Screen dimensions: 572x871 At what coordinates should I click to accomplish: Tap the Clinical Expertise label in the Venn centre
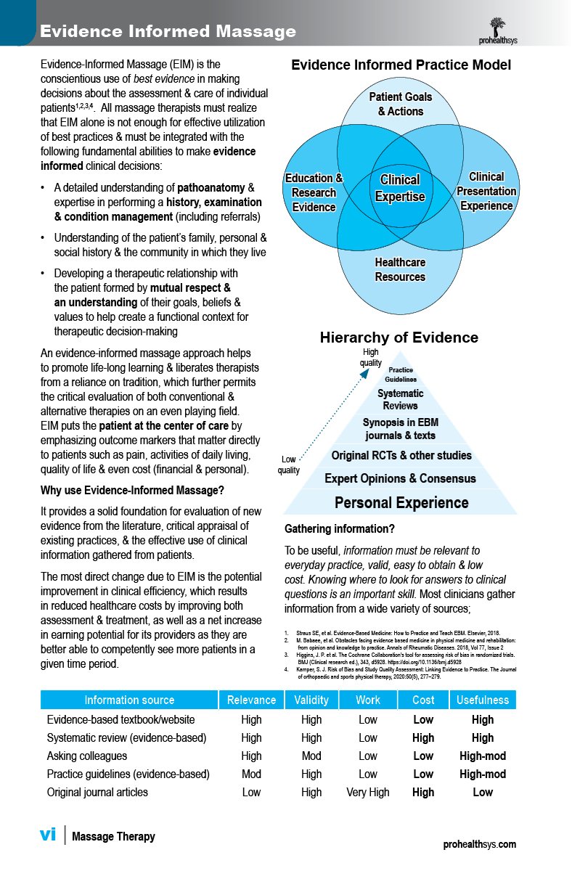(400, 188)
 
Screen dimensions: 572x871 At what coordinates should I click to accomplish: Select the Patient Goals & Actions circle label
(401, 104)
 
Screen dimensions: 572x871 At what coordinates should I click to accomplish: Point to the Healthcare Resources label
(400, 269)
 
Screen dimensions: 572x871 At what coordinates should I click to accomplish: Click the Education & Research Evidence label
(314, 192)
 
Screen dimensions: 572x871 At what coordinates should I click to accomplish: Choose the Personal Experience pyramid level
(401, 502)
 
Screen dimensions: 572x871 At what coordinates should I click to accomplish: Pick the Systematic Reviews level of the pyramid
(401, 399)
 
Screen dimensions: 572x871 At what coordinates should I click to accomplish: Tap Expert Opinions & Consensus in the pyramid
(400, 478)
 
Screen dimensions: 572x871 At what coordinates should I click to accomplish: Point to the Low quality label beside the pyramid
(288, 465)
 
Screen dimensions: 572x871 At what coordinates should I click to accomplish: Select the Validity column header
(311, 700)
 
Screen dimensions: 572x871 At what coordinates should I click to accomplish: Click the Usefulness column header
(483, 700)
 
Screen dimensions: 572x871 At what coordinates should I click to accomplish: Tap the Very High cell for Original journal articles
(368, 792)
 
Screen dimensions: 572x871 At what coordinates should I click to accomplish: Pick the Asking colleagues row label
(86, 756)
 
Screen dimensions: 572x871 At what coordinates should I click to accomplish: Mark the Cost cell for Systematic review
(423, 737)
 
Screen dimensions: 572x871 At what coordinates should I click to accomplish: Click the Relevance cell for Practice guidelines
(251, 774)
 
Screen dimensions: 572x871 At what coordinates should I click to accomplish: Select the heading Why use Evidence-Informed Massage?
(132, 491)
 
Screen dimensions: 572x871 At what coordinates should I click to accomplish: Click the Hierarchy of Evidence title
(399, 338)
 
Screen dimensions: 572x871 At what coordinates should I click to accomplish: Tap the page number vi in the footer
(47, 835)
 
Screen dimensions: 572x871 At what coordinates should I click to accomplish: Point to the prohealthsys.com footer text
(480, 844)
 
